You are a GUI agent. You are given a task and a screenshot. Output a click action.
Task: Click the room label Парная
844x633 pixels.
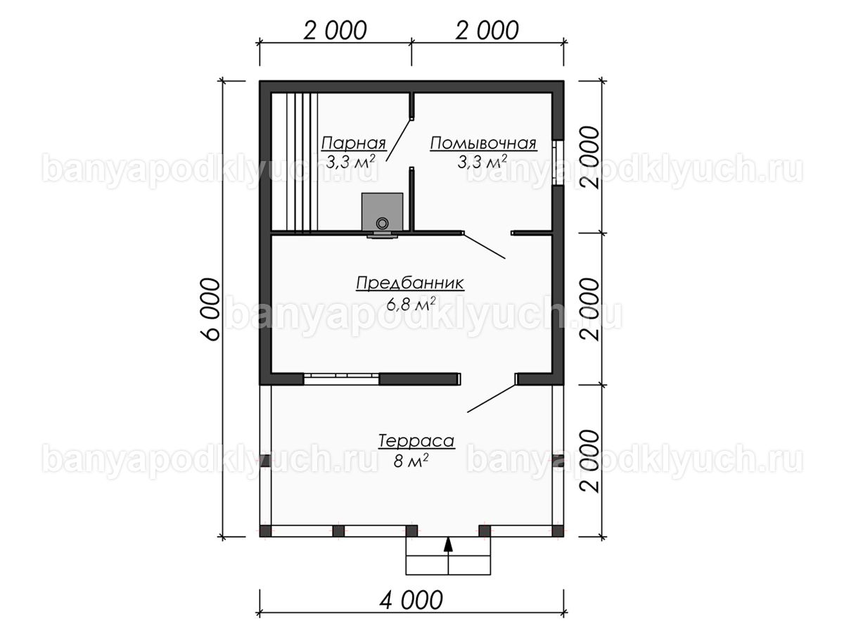[353, 143]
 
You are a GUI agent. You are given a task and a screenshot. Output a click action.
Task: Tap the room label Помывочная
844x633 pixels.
[483, 143]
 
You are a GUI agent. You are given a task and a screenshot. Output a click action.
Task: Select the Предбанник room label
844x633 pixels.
[410, 283]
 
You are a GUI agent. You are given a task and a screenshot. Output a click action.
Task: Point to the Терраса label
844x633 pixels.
[416, 441]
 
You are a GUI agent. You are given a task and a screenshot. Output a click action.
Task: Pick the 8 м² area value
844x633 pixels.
[411, 461]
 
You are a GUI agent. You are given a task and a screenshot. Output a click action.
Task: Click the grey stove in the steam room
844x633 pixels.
[382, 212]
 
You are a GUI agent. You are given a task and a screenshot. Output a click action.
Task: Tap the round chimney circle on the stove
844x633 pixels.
[382, 223]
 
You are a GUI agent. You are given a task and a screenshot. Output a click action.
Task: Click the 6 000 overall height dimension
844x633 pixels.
[210, 309]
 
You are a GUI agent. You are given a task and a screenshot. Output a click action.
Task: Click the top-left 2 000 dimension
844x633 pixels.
[335, 30]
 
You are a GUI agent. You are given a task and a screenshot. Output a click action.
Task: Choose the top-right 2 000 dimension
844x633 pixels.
[487, 30]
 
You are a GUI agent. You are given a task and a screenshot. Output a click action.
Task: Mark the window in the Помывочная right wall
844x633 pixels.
[558, 162]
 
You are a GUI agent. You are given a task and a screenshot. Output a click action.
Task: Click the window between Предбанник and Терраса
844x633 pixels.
[341, 378]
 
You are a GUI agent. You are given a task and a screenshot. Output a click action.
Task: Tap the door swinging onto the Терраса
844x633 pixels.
[491, 398]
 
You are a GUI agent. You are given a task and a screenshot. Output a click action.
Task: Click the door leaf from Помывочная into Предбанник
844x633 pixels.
[484, 245]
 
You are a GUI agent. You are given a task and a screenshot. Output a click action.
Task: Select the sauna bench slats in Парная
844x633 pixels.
[295, 162]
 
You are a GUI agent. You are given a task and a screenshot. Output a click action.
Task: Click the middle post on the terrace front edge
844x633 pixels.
[411, 531]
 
